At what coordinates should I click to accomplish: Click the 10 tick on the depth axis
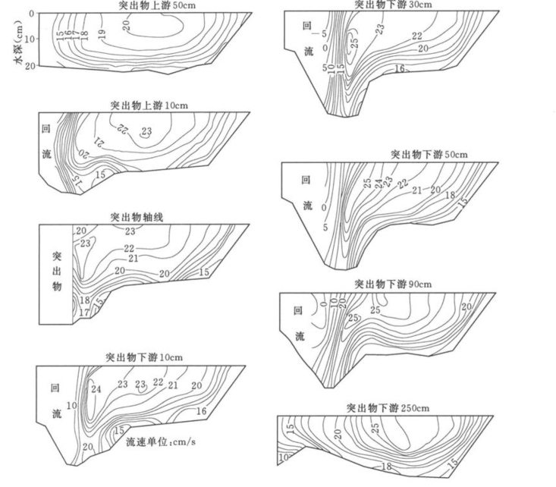[x=31, y=39]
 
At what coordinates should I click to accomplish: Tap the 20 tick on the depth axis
[x=31, y=66]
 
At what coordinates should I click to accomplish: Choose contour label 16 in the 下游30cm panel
[x=400, y=69]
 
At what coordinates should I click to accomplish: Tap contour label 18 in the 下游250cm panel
[x=386, y=467]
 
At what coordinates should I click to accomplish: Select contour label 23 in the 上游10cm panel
[x=146, y=130]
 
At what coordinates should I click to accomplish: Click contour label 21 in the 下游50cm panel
[x=416, y=190]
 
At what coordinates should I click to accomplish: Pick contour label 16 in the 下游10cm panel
[x=201, y=411]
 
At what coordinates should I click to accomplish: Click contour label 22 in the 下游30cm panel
[x=416, y=36]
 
